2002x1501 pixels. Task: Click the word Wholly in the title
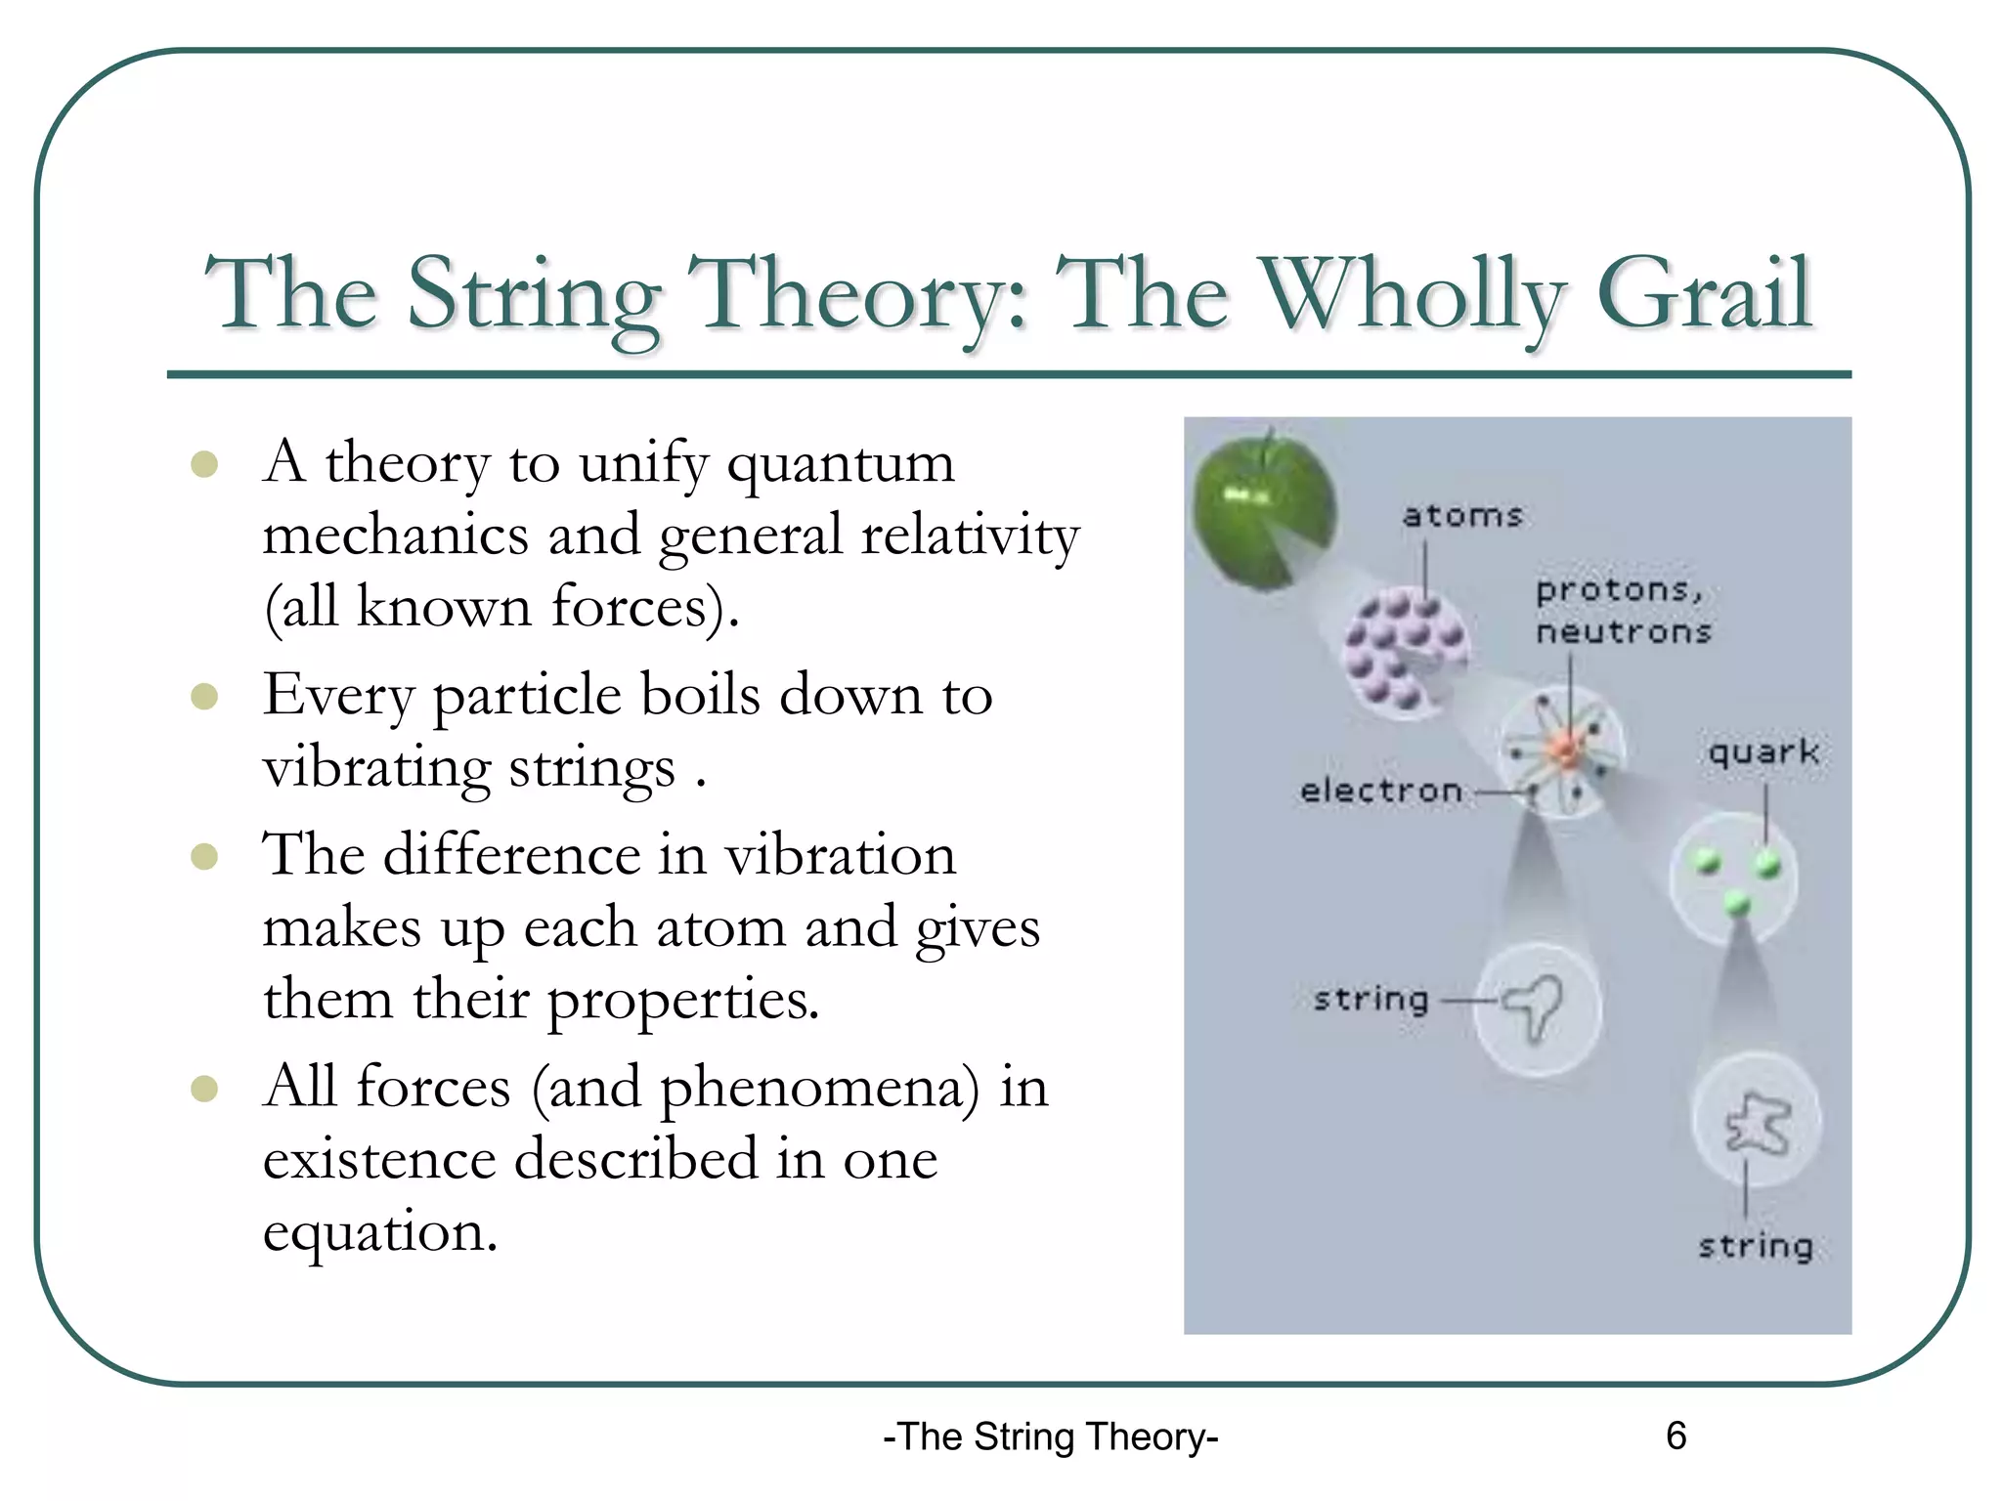tap(1412, 293)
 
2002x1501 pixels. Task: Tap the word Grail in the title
tap(1704, 293)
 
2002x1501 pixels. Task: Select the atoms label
tap(1462, 516)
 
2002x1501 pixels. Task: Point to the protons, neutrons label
tap(1623, 611)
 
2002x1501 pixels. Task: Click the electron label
tap(1380, 791)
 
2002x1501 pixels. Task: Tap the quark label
tap(1763, 751)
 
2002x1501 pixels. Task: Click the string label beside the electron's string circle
tap(1371, 1000)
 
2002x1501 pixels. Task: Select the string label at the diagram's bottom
tap(1756, 1247)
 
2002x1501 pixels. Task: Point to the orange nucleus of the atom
tap(1564, 750)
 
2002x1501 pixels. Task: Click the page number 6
tap(1676, 1436)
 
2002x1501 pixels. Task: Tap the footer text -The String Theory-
tap(1050, 1437)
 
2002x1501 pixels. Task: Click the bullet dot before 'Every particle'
tap(204, 697)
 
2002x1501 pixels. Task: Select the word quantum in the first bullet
tap(840, 465)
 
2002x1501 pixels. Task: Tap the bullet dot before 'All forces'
tap(204, 1089)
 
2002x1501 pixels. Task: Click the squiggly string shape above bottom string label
tap(1758, 1124)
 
